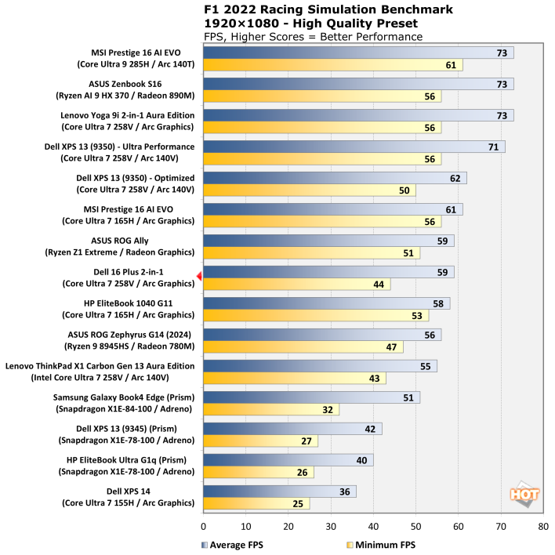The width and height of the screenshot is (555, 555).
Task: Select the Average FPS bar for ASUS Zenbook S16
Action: coord(358,84)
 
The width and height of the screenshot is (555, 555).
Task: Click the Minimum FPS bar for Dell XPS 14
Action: coord(256,503)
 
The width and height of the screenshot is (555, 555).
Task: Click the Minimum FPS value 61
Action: coord(451,65)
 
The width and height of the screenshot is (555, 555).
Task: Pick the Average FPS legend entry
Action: coord(231,544)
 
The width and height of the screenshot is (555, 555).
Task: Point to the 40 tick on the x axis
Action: coord(373,528)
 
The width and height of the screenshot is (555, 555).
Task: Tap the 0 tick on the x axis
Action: coord(204,528)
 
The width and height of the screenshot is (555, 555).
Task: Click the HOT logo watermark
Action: coord(523,495)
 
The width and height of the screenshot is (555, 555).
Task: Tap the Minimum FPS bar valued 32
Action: coord(271,409)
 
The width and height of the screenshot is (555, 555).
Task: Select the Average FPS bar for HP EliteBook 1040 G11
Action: coord(326,303)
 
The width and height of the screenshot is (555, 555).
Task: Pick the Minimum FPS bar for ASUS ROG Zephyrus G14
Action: coord(303,346)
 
